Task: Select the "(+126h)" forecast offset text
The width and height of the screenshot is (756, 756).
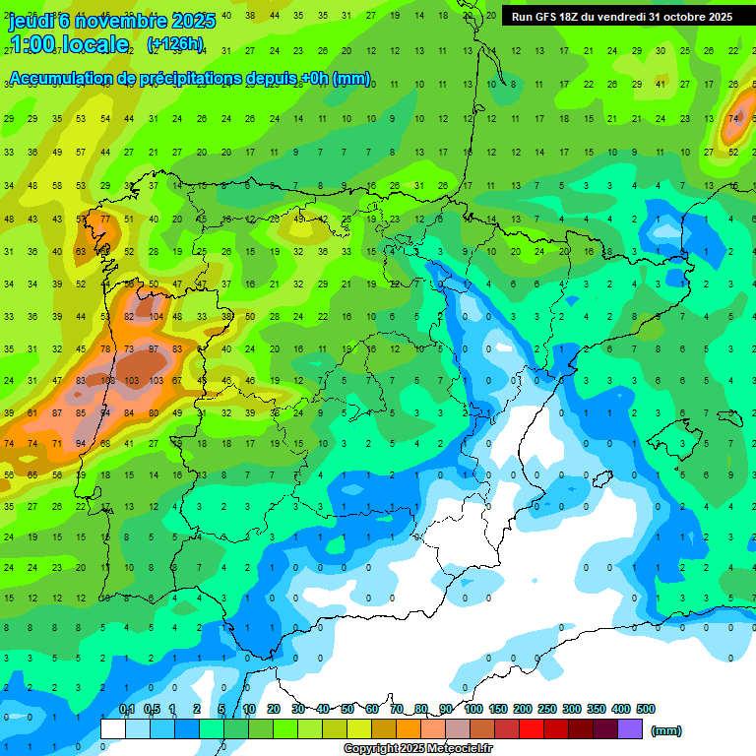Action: click(174, 43)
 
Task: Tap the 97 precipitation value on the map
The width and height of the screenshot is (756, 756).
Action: click(154, 348)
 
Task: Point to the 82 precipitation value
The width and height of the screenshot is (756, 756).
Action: click(129, 316)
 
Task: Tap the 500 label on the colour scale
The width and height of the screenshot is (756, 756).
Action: click(646, 709)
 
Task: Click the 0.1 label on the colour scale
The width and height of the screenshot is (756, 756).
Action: click(126, 709)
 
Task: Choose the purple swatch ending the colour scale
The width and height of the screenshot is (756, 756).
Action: click(630, 728)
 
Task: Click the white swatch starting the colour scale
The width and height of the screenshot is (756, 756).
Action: click(112, 728)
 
